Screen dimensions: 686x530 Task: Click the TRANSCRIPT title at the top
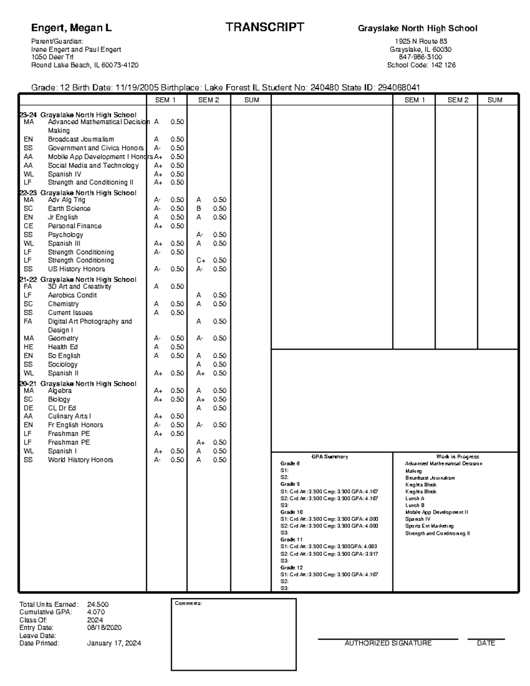point(265,27)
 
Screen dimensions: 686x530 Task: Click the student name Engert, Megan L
point(71,28)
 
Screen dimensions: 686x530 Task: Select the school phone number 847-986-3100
point(420,57)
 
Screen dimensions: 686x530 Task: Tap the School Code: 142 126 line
point(421,65)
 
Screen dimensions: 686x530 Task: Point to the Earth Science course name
point(69,208)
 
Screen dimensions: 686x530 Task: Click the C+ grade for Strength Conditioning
point(201,261)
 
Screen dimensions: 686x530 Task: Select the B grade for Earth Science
point(199,208)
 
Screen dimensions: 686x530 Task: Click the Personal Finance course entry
point(75,226)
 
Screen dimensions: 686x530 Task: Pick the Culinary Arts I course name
point(69,416)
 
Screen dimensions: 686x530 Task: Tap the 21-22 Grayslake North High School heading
point(78,280)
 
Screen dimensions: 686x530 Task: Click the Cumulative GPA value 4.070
point(96,612)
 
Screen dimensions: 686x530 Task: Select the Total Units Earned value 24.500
point(98,604)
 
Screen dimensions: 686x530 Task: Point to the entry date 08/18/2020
point(104,628)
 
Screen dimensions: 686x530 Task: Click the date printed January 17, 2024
point(114,643)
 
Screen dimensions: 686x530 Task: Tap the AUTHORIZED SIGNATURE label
point(388,643)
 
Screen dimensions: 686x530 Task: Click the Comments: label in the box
point(188,603)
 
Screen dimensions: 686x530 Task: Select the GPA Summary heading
point(329,457)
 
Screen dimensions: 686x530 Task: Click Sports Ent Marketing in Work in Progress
point(429,526)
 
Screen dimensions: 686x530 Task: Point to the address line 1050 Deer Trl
point(52,57)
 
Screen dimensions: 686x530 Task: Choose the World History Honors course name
point(80,460)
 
